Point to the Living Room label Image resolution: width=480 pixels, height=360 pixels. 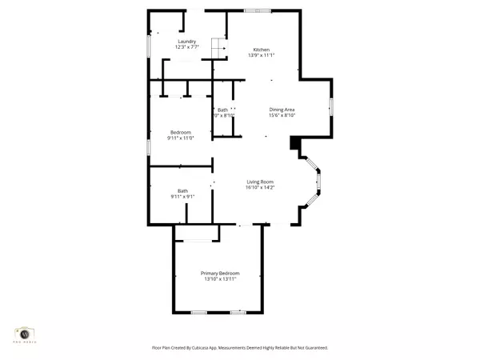point(261,182)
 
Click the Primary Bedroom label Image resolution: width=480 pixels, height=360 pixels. point(220,273)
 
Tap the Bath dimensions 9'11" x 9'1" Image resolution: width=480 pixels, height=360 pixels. point(182,197)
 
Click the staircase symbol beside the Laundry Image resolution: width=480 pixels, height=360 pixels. point(219,47)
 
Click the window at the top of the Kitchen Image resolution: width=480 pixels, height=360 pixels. point(258,10)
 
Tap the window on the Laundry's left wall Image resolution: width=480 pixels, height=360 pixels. point(148,44)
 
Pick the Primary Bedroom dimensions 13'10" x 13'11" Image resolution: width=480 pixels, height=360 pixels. point(220,280)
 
